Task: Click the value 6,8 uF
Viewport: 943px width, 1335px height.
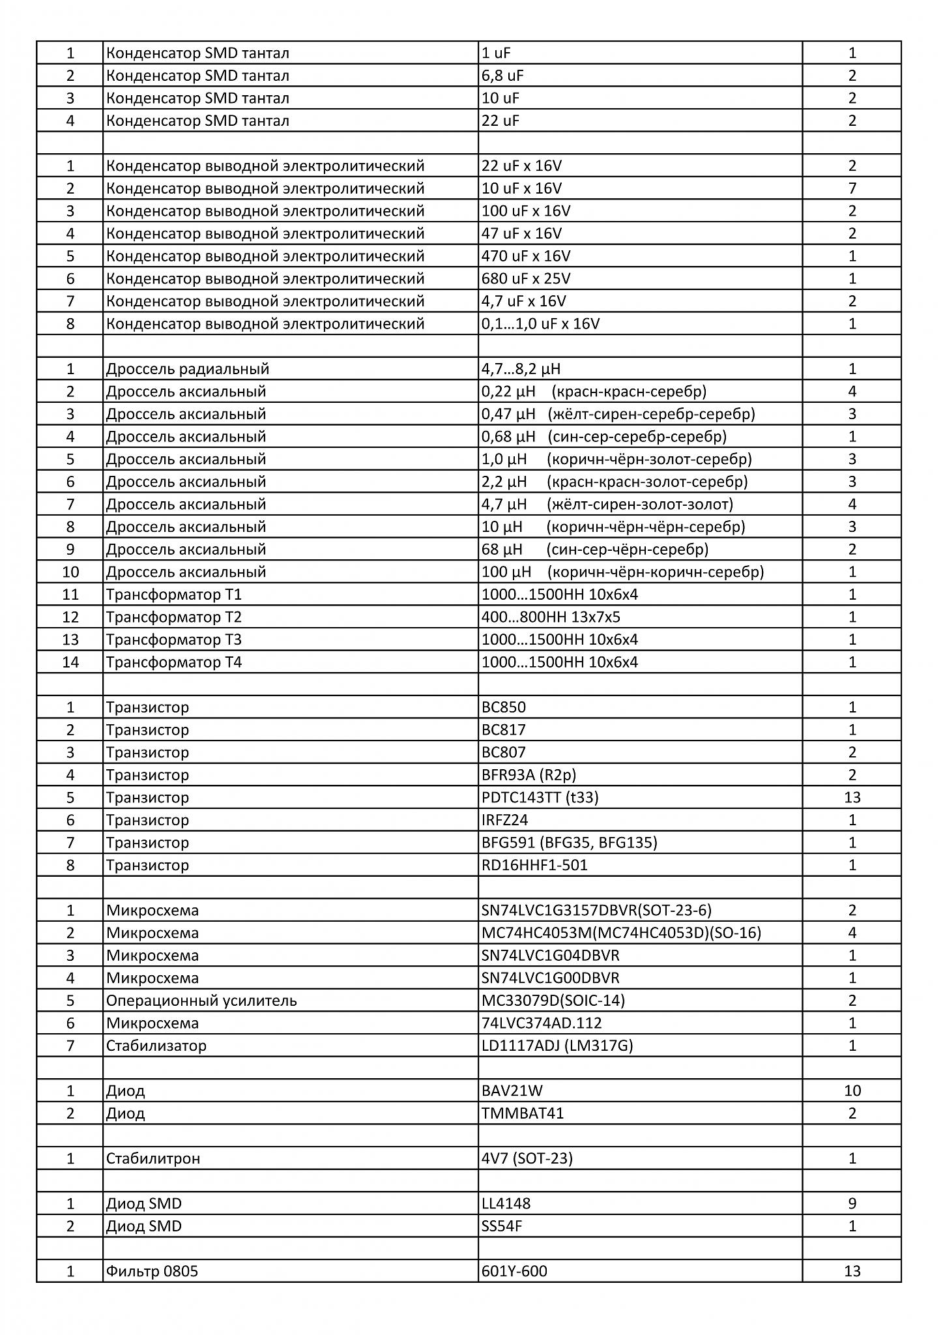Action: (502, 76)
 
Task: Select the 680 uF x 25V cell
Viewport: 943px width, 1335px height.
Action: (526, 279)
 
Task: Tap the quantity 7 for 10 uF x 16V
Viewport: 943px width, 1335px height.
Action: (852, 188)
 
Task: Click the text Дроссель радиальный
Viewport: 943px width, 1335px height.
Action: (188, 369)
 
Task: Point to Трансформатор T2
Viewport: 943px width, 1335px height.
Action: (174, 617)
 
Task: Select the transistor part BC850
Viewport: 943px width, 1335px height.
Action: (504, 707)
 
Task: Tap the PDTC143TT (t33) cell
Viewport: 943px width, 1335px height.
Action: (540, 798)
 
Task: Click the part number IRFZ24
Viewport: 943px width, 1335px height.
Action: (504, 820)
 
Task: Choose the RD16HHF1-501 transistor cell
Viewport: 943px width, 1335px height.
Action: (534, 866)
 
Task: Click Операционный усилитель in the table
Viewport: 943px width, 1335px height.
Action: (201, 1001)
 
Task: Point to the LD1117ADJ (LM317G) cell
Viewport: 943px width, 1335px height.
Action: (557, 1046)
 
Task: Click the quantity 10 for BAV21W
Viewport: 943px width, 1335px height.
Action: (852, 1091)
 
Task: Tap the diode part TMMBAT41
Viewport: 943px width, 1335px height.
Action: (523, 1113)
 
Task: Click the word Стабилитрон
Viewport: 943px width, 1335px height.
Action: (153, 1159)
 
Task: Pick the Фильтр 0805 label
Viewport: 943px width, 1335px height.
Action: (152, 1272)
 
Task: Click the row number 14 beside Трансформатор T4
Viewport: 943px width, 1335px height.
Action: (70, 662)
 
